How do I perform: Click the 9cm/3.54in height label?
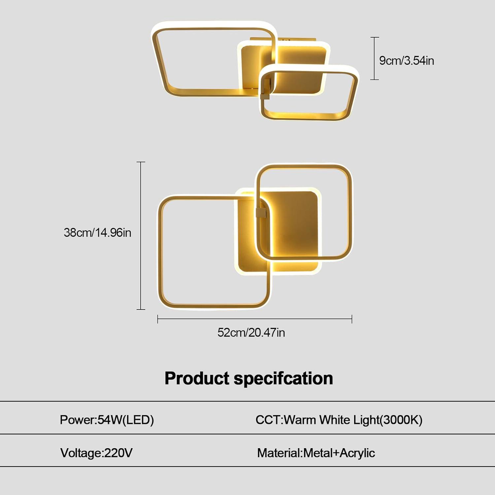(x=407, y=61)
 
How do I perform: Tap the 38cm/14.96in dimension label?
(x=97, y=233)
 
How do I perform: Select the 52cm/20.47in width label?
(x=251, y=332)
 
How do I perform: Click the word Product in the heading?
(x=197, y=378)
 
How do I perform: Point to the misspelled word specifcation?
(x=283, y=379)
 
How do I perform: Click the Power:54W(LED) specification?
(x=107, y=420)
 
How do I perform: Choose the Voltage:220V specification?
(x=96, y=453)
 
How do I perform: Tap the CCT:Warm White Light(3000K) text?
(x=339, y=420)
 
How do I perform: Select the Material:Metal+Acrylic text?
(x=316, y=453)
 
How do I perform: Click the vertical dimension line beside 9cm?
(x=375, y=58)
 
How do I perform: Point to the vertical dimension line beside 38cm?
(x=141, y=236)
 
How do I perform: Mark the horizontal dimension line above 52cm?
(x=255, y=319)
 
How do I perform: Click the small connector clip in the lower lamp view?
(x=262, y=213)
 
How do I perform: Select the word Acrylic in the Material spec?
(x=357, y=453)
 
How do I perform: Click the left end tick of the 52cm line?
(x=158, y=319)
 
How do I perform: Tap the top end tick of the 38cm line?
(x=141, y=162)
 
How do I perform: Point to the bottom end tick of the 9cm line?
(x=375, y=80)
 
